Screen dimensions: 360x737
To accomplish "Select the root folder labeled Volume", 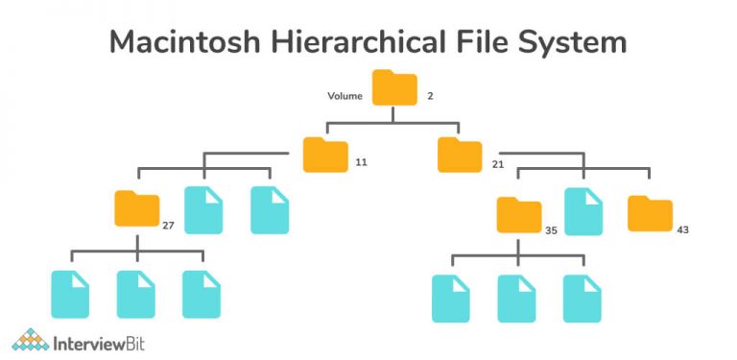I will coord(394,87).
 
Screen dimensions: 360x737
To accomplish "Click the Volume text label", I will coord(344,96).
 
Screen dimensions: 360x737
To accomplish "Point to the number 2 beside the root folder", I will coord(431,96).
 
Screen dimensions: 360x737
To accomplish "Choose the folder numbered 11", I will coord(324,155).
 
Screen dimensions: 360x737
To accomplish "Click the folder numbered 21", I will coord(459,155).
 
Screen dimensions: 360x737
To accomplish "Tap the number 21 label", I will coord(497,164).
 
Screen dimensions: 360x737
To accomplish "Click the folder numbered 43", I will coord(650,213).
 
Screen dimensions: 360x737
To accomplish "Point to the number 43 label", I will coord(682,229).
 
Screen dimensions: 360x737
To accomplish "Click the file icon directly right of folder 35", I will coord(582,211).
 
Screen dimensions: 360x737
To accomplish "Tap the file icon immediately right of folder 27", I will coord(202,210).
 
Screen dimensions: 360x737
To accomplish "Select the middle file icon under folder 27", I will coord(136,294).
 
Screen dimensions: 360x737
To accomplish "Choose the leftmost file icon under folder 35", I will coord(451,298).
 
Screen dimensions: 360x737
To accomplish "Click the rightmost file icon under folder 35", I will coord(582,298).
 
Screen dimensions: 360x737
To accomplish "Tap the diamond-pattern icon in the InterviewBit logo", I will coord(31,340).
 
